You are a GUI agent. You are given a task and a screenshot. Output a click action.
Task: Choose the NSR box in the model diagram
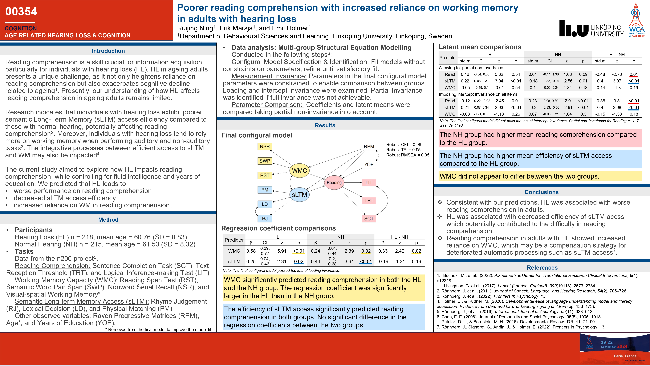click(265, 147)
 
